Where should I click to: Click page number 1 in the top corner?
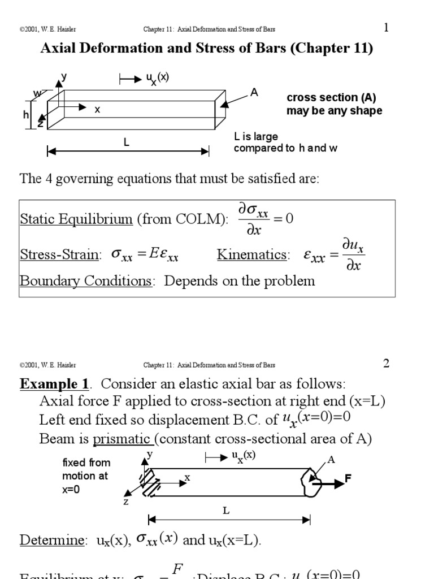pos(386,28)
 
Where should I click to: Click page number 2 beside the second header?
pos(386,364)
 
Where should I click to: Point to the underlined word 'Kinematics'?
pos(251,255)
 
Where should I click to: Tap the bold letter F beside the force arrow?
pos(348,479)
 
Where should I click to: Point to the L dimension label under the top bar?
pos(127,143)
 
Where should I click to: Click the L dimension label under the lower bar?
pos(225,511)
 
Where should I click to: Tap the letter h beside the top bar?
pos(26,115)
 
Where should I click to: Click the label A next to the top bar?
pos(254,93)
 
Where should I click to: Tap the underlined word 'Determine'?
pos(52,540)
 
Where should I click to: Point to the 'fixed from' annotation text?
pos(86,463)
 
